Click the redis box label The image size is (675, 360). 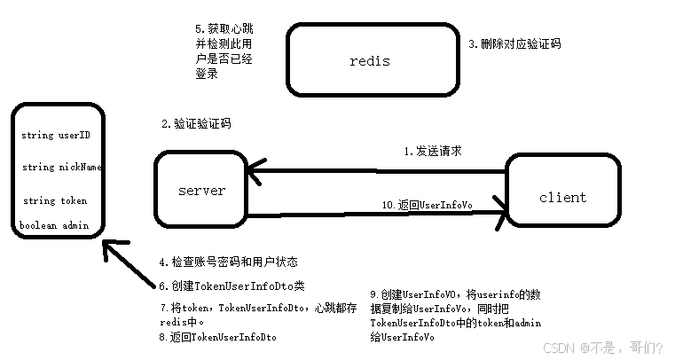coord(370,61)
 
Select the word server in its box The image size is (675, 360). coord(201,191)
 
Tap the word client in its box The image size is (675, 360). coord(562,197)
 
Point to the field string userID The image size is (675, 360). coord(56,137)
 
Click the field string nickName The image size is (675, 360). coord(61,167)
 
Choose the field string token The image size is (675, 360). coord(55,200)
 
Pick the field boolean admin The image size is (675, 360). coord(55,225)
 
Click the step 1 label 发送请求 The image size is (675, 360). coord(432,152)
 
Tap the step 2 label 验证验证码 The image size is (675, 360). coord(197,124)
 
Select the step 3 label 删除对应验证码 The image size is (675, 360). coord(514,43)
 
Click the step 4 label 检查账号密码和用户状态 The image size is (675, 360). coord(228,262)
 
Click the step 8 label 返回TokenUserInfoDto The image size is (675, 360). coord(217,337)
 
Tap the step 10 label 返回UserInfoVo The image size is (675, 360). coord(427,205)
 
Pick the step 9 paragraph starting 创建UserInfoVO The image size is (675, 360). coord(455,315)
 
